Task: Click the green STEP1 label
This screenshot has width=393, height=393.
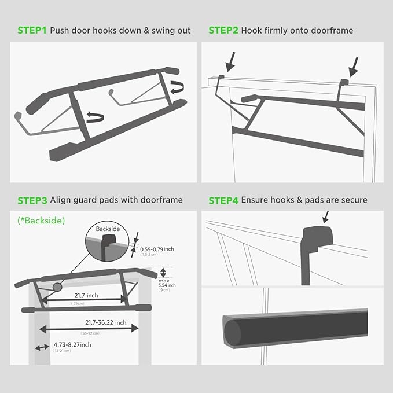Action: click(32, 30)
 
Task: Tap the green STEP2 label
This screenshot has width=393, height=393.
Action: click(223, 30)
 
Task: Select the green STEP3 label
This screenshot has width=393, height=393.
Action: click(32, 200)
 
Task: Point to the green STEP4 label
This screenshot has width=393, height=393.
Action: click(223, 200)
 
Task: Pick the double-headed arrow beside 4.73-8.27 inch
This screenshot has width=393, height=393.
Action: click(41, 347)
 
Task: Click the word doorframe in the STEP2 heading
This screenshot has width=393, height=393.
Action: click(330, 30)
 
